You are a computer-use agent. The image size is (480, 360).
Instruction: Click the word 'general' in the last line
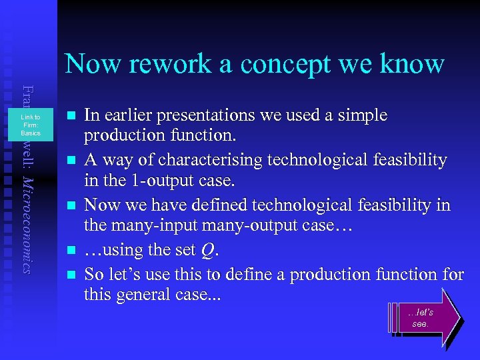click(149, 295)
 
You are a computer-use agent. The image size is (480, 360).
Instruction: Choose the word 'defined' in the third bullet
click(206, 205)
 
